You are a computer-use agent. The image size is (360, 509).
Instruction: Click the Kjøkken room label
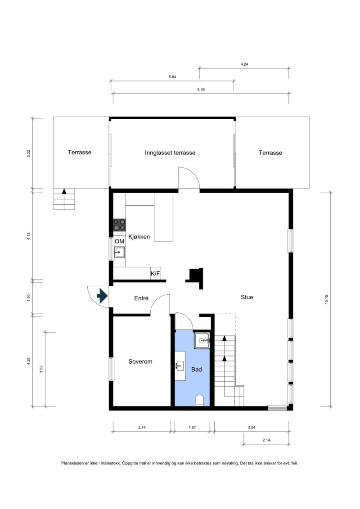[x=139, y=237]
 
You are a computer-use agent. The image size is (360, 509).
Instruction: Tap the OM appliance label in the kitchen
[x=119, y=241]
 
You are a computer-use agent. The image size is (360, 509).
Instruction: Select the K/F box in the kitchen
[x=156, y=274]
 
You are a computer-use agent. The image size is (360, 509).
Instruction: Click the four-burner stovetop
[x=119, y=225]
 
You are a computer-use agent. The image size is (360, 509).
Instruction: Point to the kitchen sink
[x=119, y=252]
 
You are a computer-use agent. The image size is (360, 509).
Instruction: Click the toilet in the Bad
[x=200, y=401]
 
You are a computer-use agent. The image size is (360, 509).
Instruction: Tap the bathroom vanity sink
[x=180, y=366]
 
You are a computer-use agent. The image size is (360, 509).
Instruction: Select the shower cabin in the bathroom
[x=202, y=341]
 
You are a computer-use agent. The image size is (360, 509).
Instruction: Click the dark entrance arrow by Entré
[x=102, y=296]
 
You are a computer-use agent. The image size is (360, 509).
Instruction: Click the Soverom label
[x=140, y=361]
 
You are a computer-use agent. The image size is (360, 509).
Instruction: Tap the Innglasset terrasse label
[x=170, y=153]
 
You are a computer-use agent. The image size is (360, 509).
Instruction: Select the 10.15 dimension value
[x=327, y=299]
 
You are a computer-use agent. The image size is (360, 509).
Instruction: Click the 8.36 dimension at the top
[x=201, y=89]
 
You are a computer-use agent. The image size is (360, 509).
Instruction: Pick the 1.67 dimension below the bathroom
[x=192, y=427]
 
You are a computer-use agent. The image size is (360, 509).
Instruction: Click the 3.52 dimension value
[x=41, y=369]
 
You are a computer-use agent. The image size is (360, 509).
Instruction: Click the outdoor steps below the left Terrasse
[x=64, y=199]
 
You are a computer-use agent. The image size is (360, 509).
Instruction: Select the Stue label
[x=247, y=297]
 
